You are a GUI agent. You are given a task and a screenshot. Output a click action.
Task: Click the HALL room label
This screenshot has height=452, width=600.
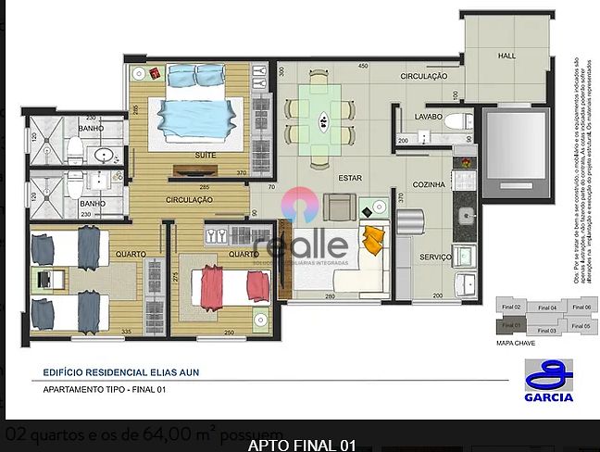point(506,56)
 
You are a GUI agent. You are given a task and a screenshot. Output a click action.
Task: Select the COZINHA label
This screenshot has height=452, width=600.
point(430,185)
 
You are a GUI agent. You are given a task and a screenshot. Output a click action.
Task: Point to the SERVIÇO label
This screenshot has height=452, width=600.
point(434,257)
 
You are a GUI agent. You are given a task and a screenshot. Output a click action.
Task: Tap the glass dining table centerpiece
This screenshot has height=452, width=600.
point(322,118)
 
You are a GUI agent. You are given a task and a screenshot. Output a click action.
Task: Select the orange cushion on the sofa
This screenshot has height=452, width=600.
point(372,241)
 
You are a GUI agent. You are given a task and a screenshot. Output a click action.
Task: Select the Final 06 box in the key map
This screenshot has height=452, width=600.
point(581,307)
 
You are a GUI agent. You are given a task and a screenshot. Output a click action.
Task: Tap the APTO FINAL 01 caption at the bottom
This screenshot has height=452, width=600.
point(301,445)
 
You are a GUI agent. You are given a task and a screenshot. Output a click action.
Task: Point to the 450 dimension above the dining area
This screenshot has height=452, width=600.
point(363,66)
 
